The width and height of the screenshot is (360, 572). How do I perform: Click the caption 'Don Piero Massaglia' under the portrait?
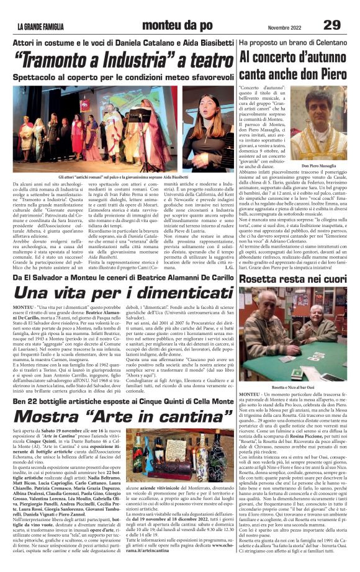(318, 166)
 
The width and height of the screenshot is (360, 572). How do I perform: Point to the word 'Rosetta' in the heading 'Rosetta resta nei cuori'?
(261, 279)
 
